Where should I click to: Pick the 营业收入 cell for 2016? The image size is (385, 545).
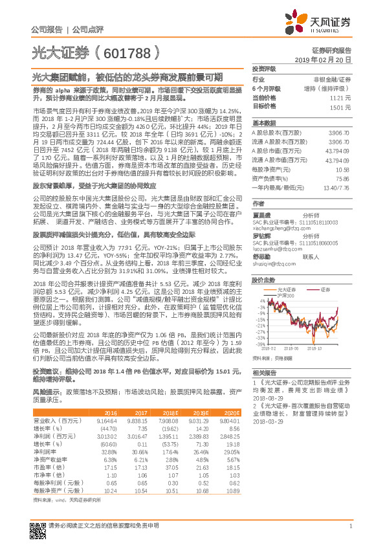pyautogui.click(x=107, y=421)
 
